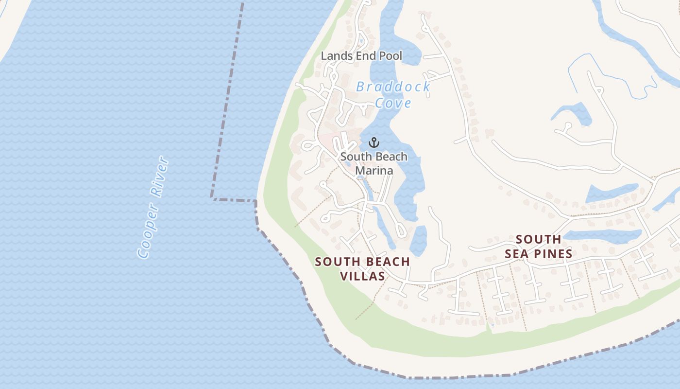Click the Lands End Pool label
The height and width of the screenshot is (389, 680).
[361, 56]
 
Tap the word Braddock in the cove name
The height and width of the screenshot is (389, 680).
[393, 87]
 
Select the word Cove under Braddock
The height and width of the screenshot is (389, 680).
[393, 103]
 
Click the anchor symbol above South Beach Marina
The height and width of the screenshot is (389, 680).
[374, 142]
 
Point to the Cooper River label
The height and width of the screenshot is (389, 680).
[153, 207]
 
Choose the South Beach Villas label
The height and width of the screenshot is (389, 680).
[362, 269]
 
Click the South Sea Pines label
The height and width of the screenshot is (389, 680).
[538, 247]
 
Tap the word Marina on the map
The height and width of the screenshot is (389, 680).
[374, 171]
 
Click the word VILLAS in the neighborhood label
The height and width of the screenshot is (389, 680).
[362, 276]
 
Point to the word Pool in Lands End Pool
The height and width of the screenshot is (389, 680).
[391, 56]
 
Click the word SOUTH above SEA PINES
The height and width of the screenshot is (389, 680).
[538, 239]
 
